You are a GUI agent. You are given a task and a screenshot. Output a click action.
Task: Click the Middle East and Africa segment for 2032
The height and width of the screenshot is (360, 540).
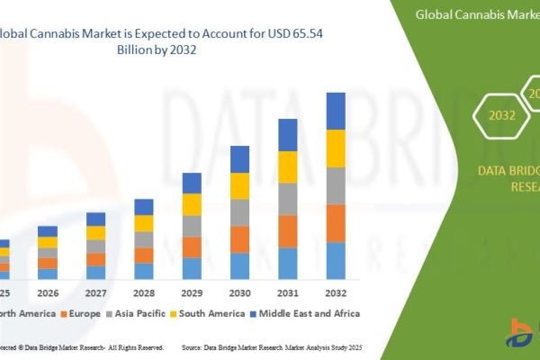tap(336, 111)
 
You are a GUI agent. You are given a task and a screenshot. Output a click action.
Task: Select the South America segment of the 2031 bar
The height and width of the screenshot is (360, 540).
tap(288, 166)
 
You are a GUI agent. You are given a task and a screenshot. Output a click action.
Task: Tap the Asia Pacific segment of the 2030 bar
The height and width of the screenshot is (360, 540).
tap(240, 212)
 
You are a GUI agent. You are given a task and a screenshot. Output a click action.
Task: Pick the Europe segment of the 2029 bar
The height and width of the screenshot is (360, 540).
tap(192, 247)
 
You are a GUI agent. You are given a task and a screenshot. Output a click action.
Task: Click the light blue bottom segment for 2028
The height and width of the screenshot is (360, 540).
tap(144, 271)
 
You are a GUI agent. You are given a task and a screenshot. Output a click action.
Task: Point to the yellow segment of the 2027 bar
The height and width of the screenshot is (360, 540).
tap(95, 233)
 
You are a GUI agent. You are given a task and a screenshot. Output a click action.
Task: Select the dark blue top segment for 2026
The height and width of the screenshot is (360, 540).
tap(48, 231)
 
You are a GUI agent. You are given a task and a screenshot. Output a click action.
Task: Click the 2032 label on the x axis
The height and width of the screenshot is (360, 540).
tap(336, 293)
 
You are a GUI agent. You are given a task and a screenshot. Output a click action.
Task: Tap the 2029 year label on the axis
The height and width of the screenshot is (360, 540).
tap(192, 293)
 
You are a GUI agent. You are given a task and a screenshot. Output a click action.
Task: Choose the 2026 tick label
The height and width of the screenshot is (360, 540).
tap(48, 293)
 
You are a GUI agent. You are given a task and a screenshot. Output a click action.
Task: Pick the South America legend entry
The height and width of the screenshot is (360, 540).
tap(211, 313)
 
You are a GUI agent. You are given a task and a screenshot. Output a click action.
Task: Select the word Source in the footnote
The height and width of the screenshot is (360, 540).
tap(195, 346)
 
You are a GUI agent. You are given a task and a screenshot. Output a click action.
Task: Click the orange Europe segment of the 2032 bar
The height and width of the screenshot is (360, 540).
tap(336, 223)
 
